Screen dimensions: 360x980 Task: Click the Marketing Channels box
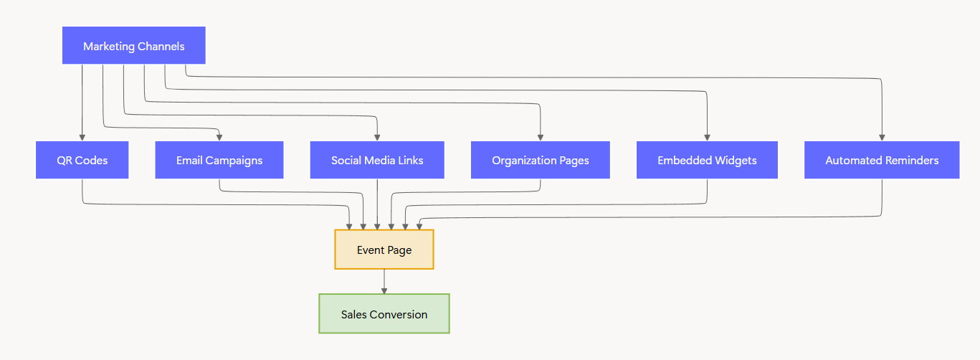[133, 46]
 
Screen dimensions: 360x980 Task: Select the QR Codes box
[82, 160]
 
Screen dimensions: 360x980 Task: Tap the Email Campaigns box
[219, 160]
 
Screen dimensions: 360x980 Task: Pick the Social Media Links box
[377, 160]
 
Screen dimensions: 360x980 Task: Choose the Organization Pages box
[540, 160]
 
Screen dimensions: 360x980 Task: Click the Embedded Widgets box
[707, 160]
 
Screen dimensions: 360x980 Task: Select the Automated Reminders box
[882, 160]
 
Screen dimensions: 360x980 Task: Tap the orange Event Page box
[384, 250]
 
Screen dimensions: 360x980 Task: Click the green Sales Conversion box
[384, 314]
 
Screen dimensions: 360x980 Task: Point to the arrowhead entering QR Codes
[82, 137]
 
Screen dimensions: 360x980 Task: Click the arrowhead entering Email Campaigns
[219, 137]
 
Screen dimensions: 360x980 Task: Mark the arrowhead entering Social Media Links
[377, 137]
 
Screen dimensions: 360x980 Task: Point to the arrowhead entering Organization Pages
[540, 137]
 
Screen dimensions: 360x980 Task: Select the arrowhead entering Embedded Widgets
[707, 137]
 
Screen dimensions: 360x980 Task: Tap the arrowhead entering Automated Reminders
[882, 137]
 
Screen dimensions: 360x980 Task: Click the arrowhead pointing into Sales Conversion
[384, 290]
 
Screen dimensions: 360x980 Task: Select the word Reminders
[911, 160]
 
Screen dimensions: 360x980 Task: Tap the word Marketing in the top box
[108, 46]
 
